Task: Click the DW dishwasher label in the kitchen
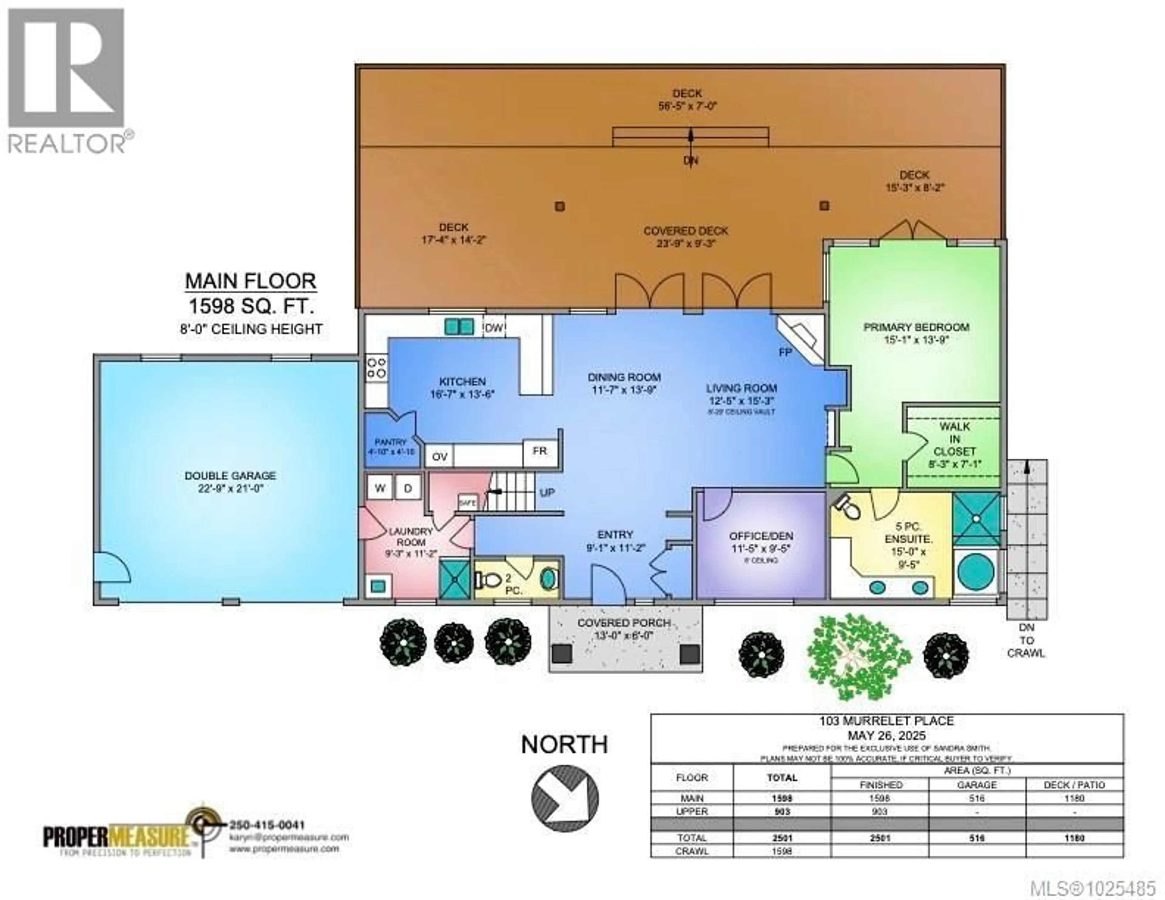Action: [x=494, y=328]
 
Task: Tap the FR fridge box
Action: [x=539, y=451]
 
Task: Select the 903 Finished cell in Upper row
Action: [x=879, y=811]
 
